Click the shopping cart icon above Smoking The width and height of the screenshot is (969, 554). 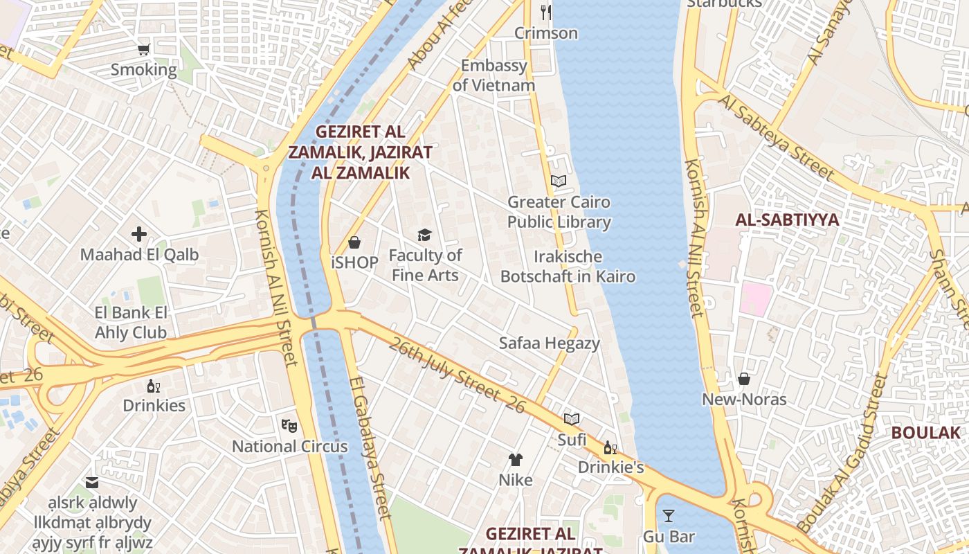[143, 49]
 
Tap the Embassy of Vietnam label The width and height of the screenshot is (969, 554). [493, 75]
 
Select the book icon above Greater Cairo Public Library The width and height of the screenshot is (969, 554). [559, 181]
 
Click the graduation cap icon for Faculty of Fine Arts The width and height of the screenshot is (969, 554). [424, 235]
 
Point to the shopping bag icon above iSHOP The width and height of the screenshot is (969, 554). [354, 242]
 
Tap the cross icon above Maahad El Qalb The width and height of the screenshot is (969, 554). [139, 234]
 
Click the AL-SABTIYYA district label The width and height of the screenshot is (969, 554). [787, 220]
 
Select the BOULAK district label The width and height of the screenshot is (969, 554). [925, 433]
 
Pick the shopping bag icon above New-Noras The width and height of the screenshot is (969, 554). [744, 379]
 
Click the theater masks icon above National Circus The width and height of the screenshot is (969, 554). [289, 425]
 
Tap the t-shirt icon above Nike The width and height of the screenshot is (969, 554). [516, 459]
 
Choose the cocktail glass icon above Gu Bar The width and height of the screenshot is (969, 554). [669, 516]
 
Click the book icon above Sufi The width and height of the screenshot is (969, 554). [572, 419]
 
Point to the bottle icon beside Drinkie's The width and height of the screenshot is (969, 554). [610, 448]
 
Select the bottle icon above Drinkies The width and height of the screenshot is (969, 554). [154, 386]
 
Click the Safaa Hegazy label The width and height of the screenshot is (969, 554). [550, 343]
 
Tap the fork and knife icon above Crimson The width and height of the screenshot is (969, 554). [546, 12]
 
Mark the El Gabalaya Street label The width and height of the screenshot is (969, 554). [370, 447]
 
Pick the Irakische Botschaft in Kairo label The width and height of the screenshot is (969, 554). [568, 267]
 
